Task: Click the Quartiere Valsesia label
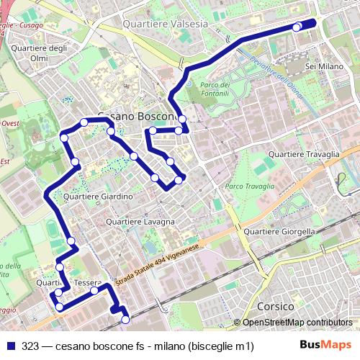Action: click(165, 24)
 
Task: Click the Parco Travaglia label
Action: click(249, 186)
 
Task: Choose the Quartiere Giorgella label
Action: click(279, 232)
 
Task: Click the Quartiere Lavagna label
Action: click(140, 222)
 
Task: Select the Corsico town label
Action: click(274, 305)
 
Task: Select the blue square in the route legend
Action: click(10, 346)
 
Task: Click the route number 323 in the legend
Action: click(30, 346)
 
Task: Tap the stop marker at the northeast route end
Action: click(297, 27)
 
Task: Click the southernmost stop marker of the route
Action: click(126, 319)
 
